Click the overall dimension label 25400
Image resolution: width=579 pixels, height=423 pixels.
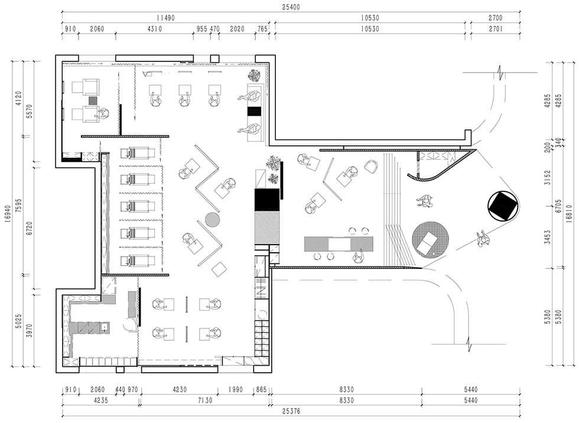291,7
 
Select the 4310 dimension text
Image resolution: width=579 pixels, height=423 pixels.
154,29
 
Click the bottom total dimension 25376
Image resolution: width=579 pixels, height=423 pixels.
291,411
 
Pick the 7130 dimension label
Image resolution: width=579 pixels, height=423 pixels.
205,401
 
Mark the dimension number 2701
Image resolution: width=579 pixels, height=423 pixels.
496,29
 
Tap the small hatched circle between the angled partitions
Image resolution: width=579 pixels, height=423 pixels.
213,220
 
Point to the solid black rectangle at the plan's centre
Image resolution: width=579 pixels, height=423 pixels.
266,200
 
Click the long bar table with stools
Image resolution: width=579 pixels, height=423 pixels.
339,245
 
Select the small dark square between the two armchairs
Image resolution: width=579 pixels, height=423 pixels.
92,100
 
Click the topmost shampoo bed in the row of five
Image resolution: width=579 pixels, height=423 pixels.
137,152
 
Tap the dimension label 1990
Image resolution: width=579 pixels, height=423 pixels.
235,390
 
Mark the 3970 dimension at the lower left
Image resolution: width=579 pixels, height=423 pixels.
30,331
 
